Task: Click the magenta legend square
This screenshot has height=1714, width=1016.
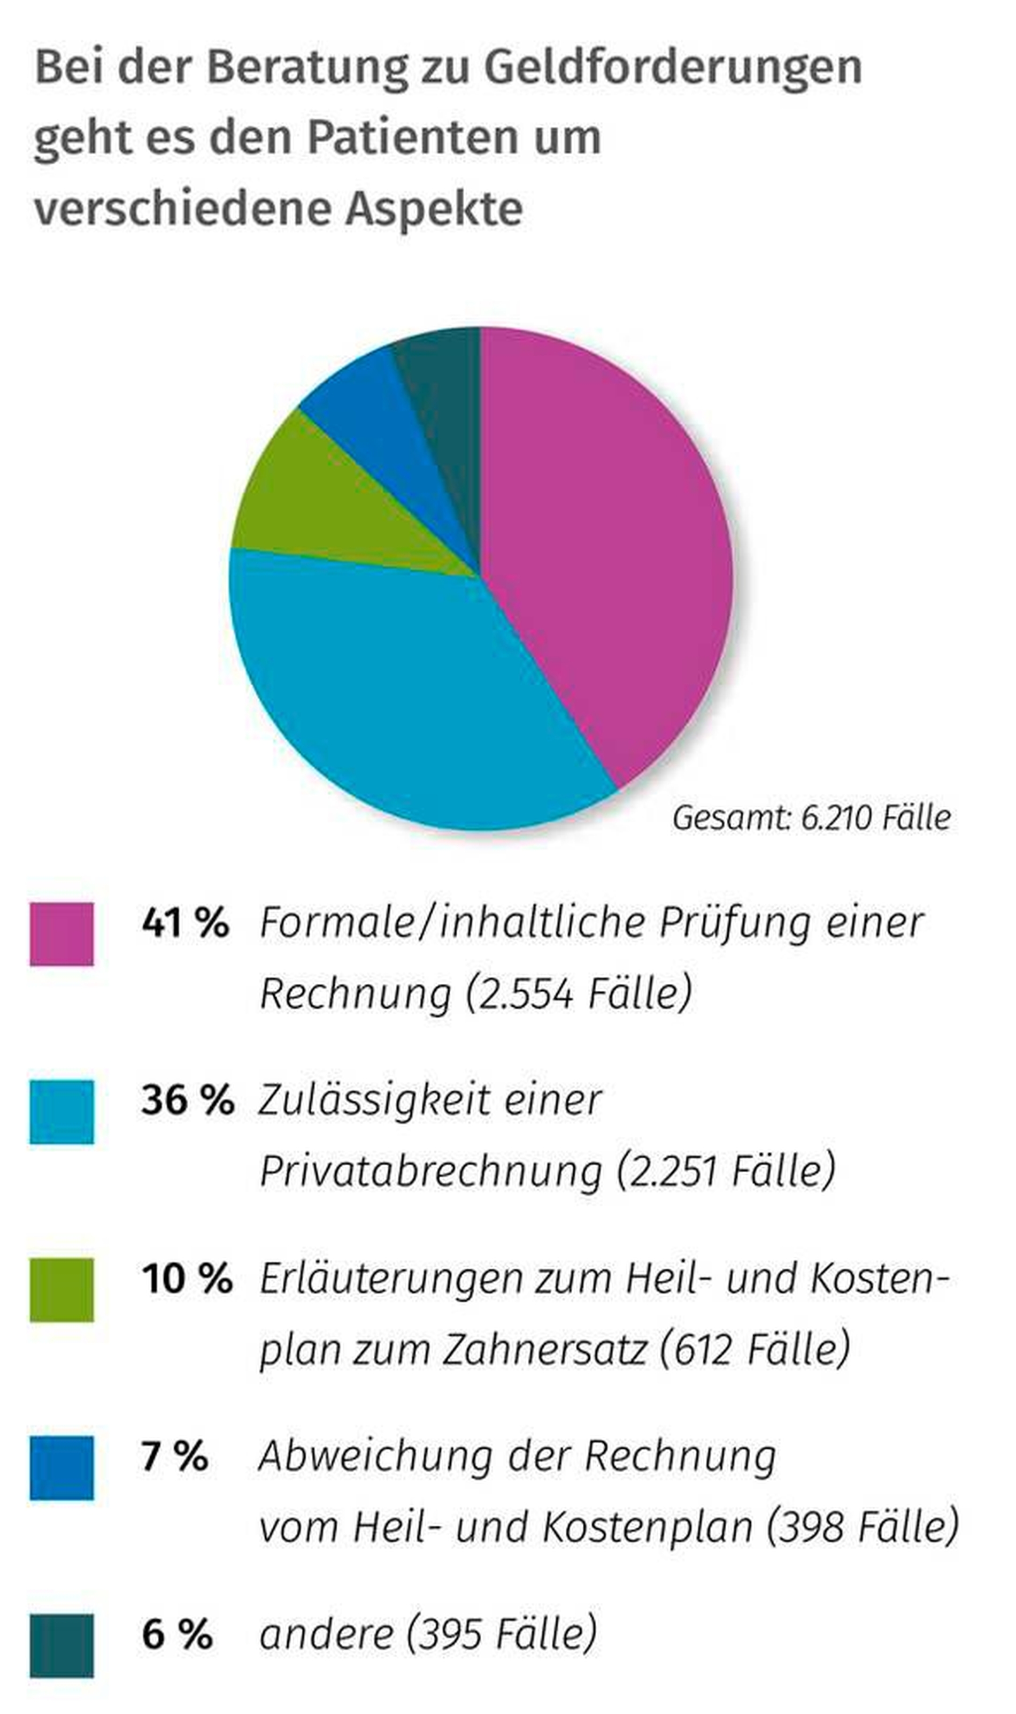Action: [61, 934]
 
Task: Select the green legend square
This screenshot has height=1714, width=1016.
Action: [61, 1290]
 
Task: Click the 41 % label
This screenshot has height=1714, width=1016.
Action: [185, 922]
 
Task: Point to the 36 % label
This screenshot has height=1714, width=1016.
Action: [187, 1100]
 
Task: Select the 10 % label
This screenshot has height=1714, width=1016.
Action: [187, 1279]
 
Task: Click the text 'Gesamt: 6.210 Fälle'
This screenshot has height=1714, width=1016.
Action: [811, 817]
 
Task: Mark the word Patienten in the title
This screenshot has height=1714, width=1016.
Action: [454, 137]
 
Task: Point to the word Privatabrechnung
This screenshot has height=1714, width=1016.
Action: [430, 1172]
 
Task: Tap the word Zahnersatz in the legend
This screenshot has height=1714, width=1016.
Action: [544, 1350]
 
